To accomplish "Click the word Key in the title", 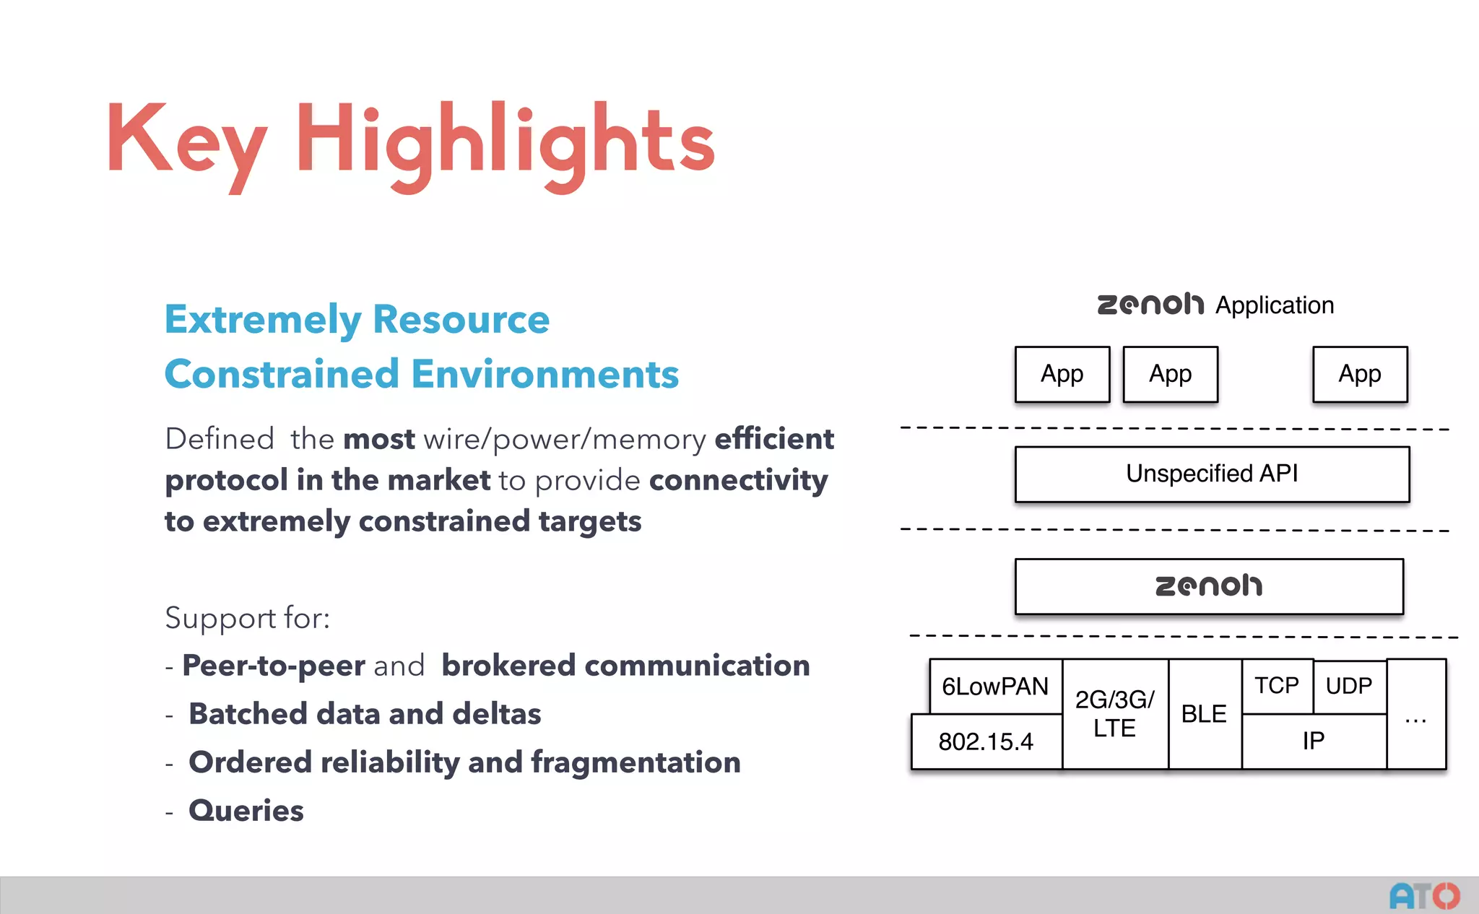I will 186,141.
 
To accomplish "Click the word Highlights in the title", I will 506,141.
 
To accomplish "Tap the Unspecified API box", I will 1212,474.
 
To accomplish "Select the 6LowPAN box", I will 995,686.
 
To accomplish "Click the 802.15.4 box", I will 986,741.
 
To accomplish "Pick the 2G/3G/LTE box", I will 1114,713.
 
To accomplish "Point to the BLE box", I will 1204,713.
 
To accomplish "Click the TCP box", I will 1277,685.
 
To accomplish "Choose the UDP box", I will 1349,686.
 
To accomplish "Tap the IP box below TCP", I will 1314,741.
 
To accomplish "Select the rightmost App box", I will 1360,374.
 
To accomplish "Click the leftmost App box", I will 1062,374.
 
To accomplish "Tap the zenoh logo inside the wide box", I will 1209,586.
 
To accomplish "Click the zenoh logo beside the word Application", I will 1150,305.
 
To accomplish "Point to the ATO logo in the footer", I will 1424,896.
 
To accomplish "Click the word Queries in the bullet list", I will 246,811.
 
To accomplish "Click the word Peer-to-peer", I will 274,666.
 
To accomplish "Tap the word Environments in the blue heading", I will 545,375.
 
